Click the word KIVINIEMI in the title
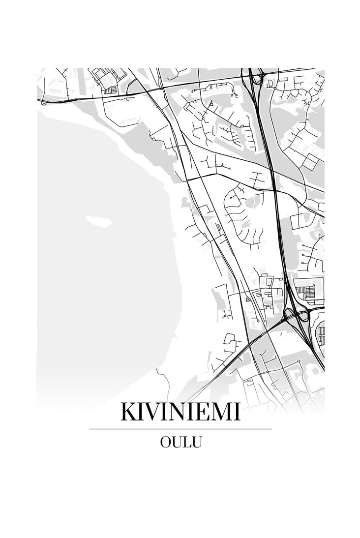pos(180,412)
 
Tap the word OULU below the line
pos(180,442)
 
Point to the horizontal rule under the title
pos(180,429)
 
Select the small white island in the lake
pos(98,220)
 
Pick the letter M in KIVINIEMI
pos(225,412)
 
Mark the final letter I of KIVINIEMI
pos(238,412)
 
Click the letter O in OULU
pos(166,442)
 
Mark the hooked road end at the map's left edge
pos(43,103)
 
